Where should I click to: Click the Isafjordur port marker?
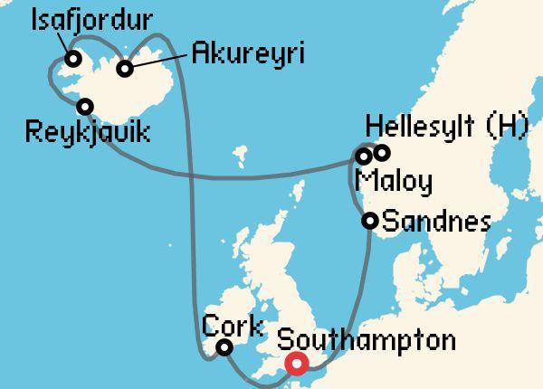point(73,61)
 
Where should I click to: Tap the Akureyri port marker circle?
point(125,68)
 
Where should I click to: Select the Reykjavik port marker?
point(86,106)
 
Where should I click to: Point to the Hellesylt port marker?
point(382,152)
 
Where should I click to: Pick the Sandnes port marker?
point(369,220)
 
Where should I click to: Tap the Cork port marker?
point(224,347)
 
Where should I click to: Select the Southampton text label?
point(365,342)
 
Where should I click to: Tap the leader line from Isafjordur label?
point(64,42)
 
